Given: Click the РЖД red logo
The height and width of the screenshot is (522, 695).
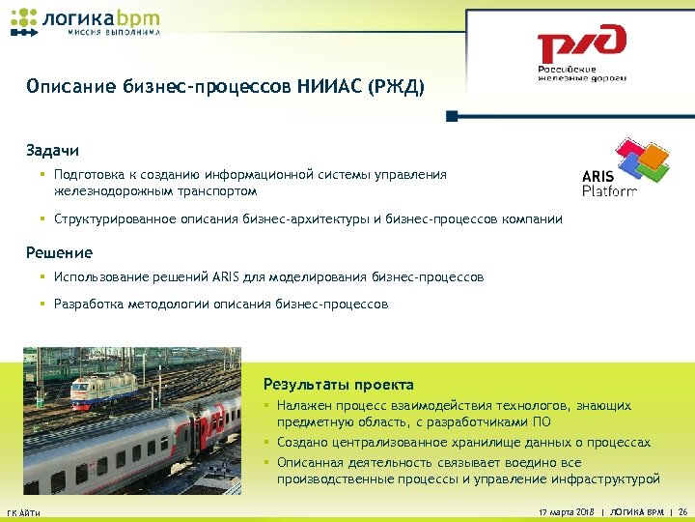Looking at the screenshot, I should (x=581, y=45).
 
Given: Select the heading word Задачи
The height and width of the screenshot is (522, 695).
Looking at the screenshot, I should (x=53, y=151).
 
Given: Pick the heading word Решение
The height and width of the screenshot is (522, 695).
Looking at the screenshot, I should (x=59, y=252).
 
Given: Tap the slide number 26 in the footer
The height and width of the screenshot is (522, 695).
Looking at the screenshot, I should (x=683, y=510).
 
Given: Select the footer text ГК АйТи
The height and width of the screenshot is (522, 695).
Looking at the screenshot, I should (x=23, y=511).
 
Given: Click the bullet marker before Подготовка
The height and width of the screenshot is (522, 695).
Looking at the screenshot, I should (x=43, y=175).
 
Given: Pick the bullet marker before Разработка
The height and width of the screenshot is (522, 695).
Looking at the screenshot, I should (x=43, y=304).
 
